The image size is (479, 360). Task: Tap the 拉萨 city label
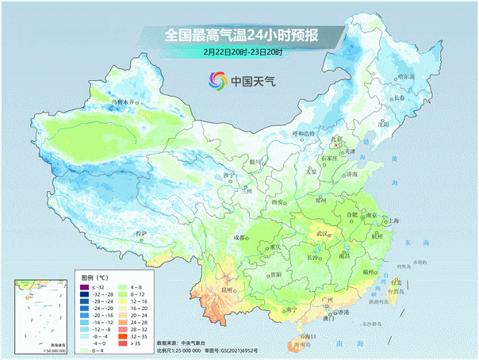click(x=141, y=233)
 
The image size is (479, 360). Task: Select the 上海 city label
click(x=393, y=220)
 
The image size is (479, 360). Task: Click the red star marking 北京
click(x=335, y=146)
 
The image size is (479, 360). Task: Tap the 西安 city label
click(x=278, y=202)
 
